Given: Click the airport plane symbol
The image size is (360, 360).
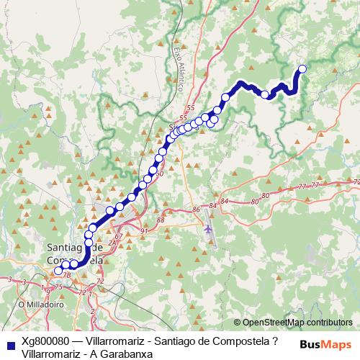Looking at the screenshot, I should (x=209, y=228).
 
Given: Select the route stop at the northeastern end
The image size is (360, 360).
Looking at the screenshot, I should (x=302, y=69).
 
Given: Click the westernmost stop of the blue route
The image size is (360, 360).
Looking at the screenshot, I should (x=58, y=271).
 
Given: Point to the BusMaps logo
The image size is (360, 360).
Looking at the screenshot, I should (x=326, y=344).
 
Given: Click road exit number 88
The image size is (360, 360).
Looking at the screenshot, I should (x=160, y=220).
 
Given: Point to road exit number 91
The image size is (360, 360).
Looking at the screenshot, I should (x=144, y=231).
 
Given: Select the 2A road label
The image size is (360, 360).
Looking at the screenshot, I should (x=112, y=243).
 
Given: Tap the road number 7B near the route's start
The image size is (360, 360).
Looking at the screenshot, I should (x=66, y=274).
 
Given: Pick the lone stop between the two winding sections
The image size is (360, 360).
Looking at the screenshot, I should (x=265, y=94).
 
